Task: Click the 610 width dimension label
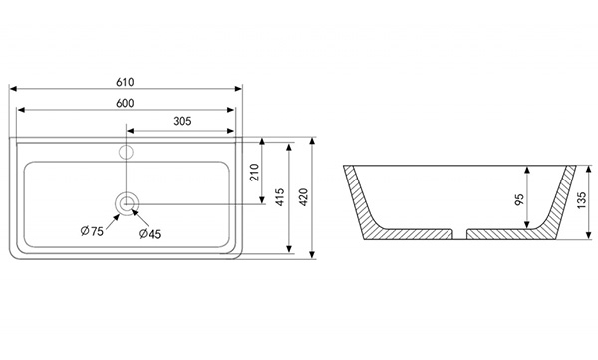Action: [x=125, y=82]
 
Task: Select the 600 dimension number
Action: [x=125, y=103]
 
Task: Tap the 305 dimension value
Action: [x=182, y=121]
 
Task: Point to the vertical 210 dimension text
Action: [x=255, y=173]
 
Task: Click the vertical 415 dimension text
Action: [x=280, y=197]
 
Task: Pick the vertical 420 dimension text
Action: [x=303, y=197]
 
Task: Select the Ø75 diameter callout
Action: [x=92, y=231]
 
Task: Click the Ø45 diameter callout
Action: [x=149, y=233]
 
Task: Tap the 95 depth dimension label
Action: [x=519, y=199]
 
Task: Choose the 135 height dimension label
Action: [x=581, y=200]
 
